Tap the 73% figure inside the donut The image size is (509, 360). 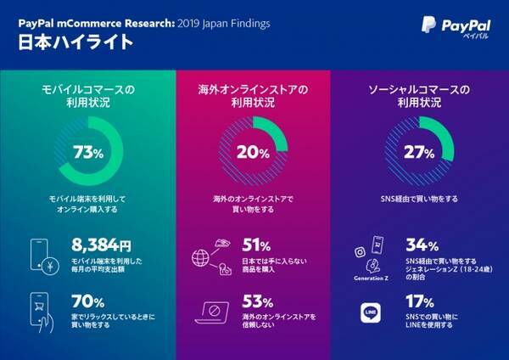(89, 153)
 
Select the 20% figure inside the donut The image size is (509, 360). (252, 153)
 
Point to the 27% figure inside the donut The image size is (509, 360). (418, 153)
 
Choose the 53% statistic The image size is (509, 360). (257, 302)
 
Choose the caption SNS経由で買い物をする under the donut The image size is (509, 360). (418, 199)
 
